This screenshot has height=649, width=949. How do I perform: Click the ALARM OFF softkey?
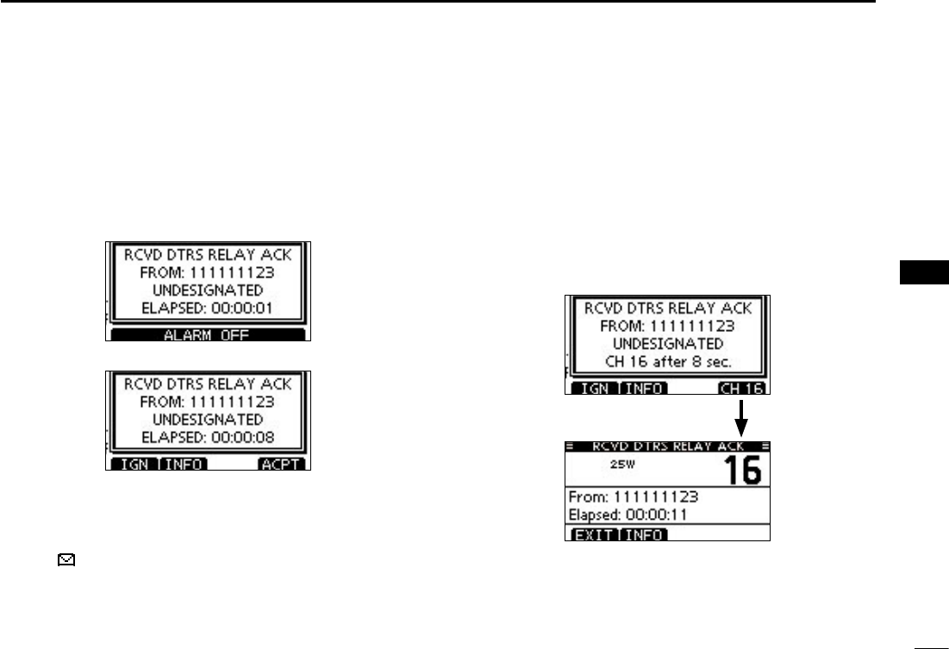coord(208,335)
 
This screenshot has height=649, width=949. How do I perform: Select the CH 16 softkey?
coord(743,389)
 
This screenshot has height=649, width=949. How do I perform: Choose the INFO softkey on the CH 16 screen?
coord(643,389)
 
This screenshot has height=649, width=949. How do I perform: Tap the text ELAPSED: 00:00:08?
coord(208,437)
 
